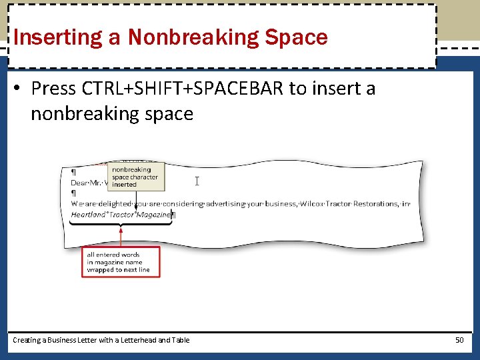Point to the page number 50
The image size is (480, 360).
pos(459,340)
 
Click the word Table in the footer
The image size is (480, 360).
pos(180,340)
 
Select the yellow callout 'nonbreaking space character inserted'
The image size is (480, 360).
pos(135,177)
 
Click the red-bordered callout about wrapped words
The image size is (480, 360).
pos(121,262)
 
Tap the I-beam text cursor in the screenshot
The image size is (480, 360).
pos(197,181)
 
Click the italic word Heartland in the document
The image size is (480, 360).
pos(87,215)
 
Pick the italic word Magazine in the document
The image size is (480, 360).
pos(154,215)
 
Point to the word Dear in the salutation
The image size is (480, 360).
pos(79,182)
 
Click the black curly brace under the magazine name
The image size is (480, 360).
pos(121,224)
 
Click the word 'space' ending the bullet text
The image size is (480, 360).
pos(172,114)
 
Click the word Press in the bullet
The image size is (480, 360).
pos(53,89)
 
